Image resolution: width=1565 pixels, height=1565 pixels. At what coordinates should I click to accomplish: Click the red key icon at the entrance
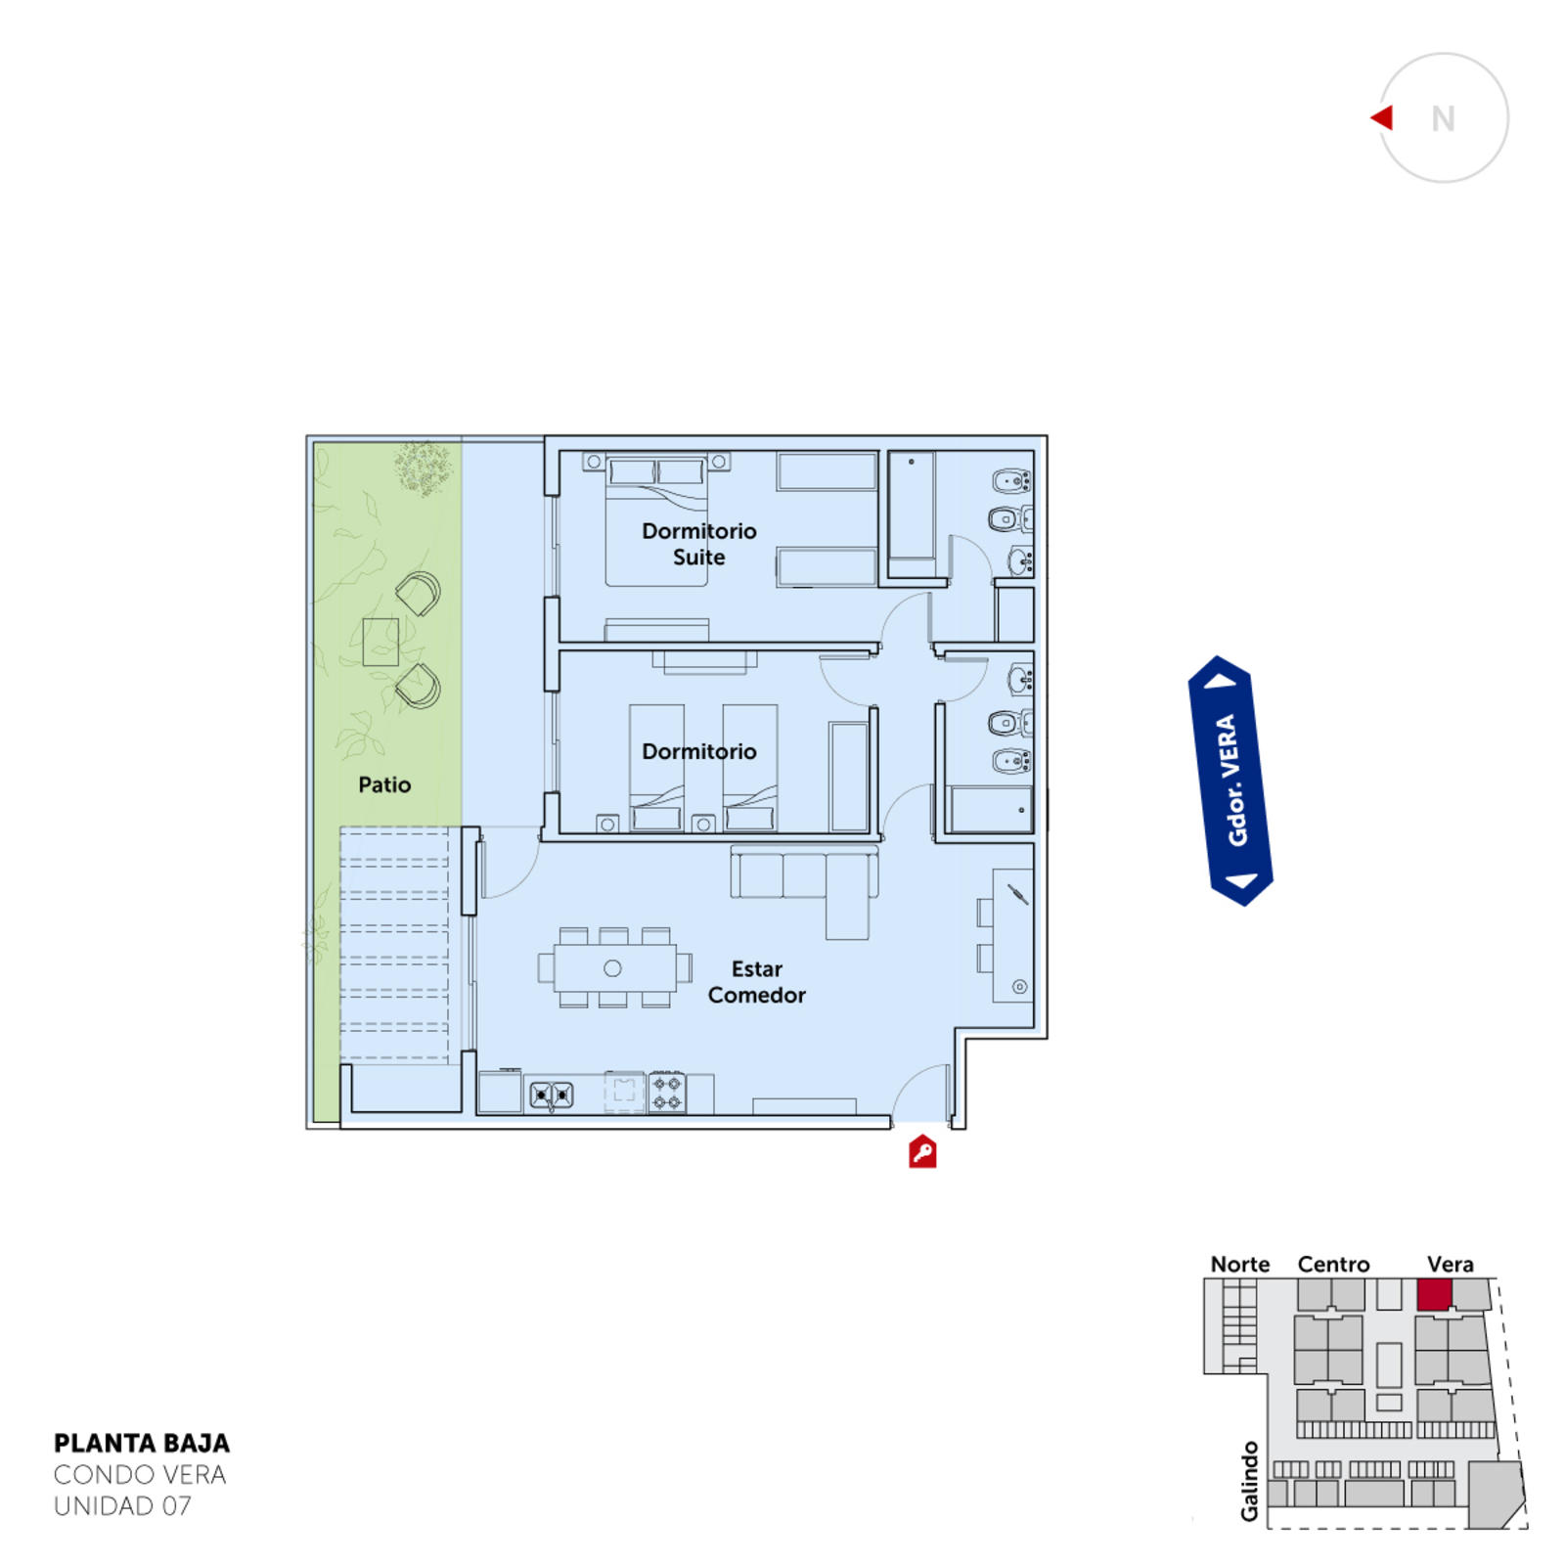[x=922, y=1152]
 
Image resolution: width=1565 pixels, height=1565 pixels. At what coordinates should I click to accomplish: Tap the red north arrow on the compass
[x=1383, y=117]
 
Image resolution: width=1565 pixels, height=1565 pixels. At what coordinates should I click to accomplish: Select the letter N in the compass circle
[x=1443, y=118]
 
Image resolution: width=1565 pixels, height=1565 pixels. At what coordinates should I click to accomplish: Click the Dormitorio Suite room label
[x=699, y=544]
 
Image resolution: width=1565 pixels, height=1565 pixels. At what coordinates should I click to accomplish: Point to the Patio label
[x=384, y=784]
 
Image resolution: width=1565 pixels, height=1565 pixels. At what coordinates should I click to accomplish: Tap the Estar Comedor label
[x=757, y=982]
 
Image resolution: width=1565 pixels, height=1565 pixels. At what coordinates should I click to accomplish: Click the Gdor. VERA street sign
[x=1230, y=781]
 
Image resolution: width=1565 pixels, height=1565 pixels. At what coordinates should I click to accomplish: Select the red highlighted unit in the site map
[x=1434, y=1294]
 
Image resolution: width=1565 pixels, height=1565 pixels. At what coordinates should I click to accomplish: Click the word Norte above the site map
[x=1240, y=1264]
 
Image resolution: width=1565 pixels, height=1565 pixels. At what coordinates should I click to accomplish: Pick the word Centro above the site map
[x=1333, y=1264]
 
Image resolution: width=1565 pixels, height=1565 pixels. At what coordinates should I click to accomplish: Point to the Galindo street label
[x=1249, y=1481]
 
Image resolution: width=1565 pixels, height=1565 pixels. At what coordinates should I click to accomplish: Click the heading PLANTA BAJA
[x=142, y=1444]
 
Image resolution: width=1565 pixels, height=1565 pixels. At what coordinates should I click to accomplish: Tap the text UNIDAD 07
[x=122, y=1506]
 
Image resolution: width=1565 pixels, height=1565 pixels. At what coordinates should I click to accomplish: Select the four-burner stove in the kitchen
[x=667, y=1093]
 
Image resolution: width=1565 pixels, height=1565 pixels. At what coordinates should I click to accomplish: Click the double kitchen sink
[x=552, y=1095]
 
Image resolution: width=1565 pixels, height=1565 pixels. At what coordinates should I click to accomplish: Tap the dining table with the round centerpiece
[x=613, y=968]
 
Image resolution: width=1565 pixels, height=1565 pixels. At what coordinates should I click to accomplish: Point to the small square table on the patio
[x=380, y=643]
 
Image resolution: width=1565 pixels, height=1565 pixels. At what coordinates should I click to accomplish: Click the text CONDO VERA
[x=140, y=1475]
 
